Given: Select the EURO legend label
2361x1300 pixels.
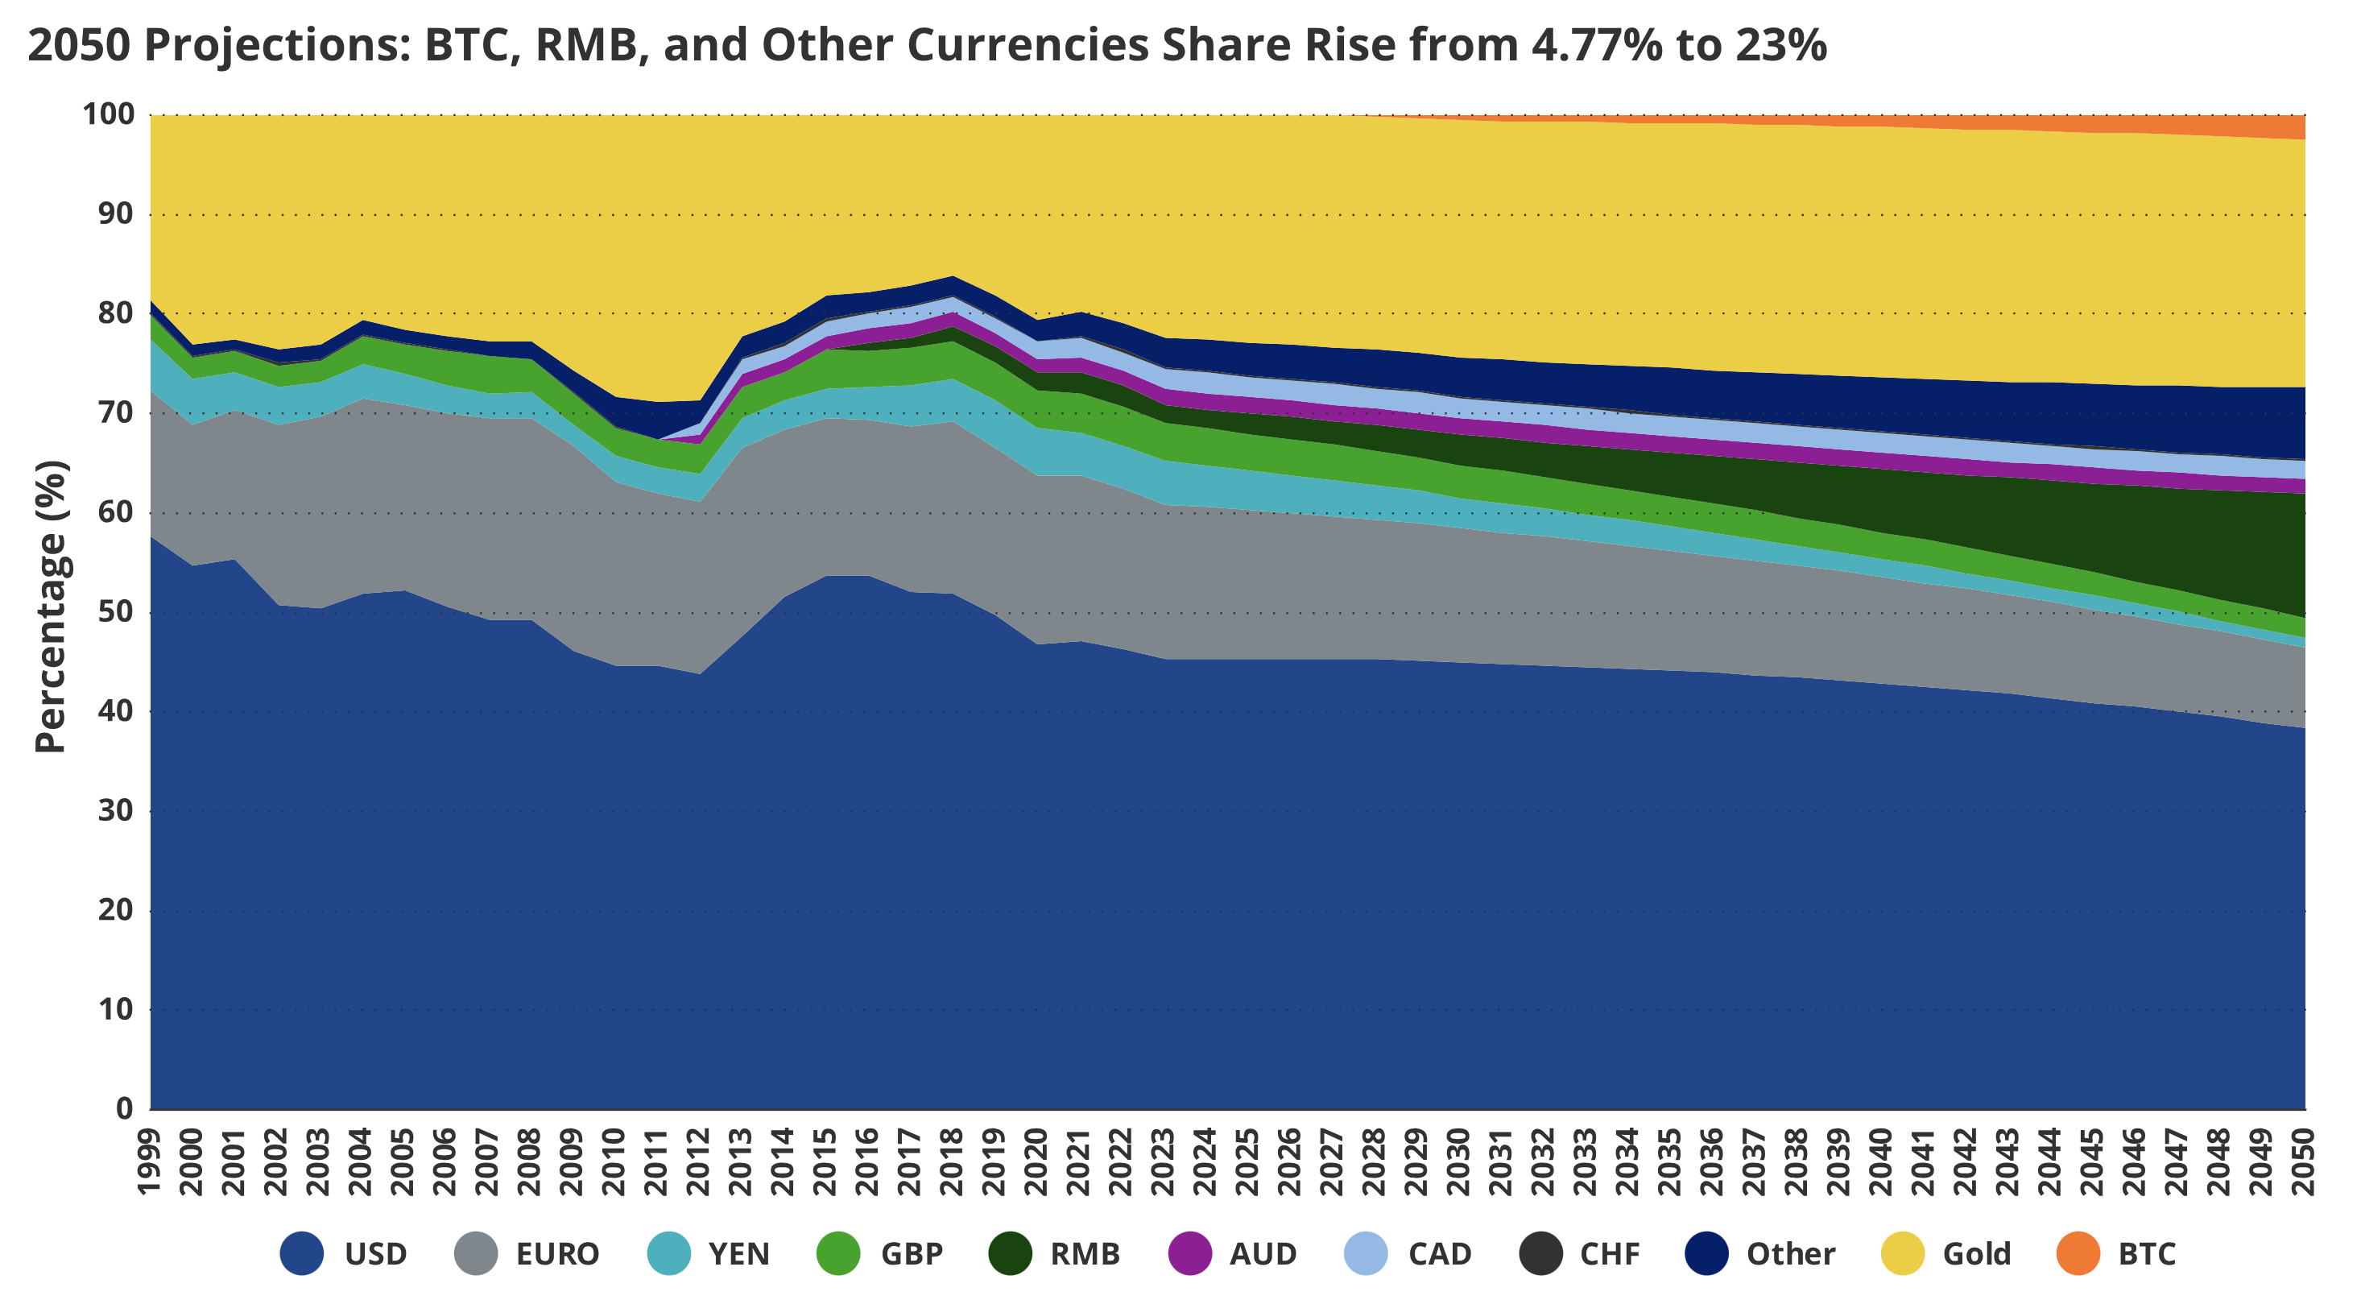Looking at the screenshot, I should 557,1253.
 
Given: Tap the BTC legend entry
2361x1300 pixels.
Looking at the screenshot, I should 2147,1253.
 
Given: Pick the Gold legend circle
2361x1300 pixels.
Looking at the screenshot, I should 1902,1253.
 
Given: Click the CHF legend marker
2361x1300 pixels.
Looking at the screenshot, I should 1540,1253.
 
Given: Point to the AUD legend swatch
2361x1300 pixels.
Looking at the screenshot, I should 1191,1253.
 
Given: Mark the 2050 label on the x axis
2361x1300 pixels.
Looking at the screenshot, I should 2303,1162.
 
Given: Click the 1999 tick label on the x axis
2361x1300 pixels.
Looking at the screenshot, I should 150,1162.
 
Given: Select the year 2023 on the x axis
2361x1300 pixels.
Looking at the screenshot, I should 1163,1162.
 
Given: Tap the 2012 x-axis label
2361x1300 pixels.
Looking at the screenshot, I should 698,1162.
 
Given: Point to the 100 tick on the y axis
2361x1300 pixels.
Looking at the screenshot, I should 108,114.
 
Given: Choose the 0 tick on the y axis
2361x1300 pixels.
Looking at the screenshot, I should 125,1108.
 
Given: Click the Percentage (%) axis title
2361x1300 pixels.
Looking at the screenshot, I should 51,607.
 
